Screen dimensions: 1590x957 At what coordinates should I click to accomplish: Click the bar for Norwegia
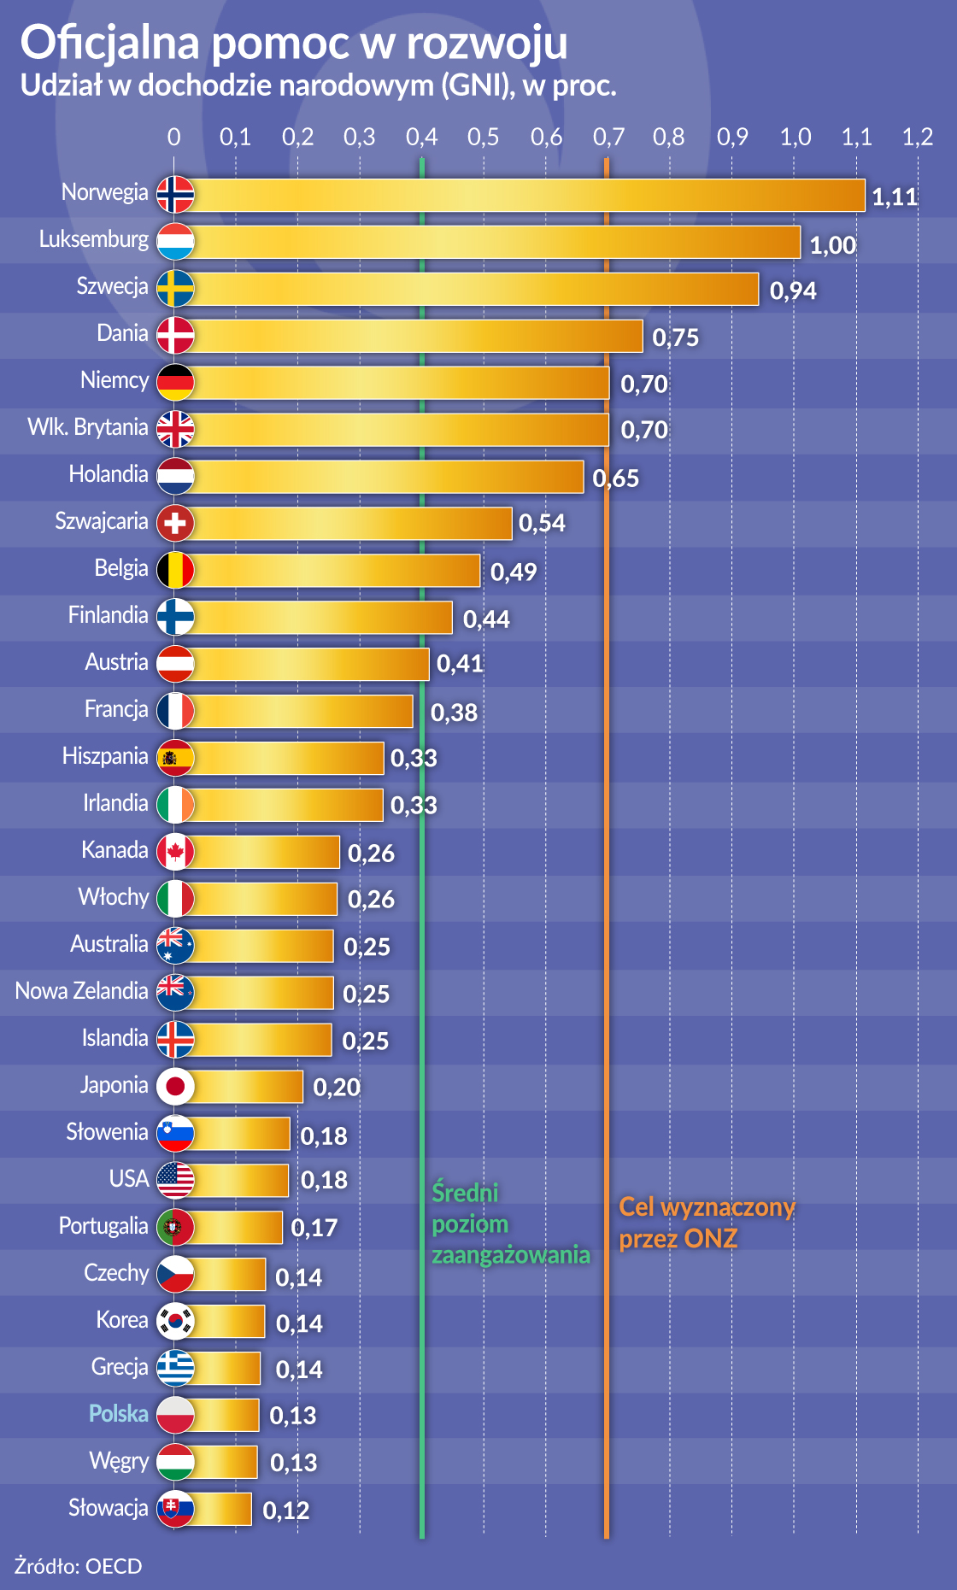(x=530, y=195)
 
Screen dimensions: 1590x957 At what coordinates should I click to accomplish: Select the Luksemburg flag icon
(x=175, y=241)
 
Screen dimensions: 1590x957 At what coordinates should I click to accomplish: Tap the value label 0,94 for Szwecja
(x=793, y=291)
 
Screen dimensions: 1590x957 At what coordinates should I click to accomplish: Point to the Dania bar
(x=419, y=336)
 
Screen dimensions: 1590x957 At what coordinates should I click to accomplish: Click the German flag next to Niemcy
(x=175, y=382)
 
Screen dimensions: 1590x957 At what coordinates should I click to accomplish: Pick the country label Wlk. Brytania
(x=88, y=427)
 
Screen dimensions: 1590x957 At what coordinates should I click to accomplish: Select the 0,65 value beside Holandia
(x=616, y=478)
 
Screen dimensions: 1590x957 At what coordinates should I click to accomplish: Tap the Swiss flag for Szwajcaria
(x=175, y=523)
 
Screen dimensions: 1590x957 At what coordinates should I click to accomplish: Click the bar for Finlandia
(x=323, y=618)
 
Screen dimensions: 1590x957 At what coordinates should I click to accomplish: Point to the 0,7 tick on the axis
(x=608, y=137)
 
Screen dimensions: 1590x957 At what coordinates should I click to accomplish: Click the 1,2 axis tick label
(x=918, y=137)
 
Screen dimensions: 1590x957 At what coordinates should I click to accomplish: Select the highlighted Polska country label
(x=119, y=1414)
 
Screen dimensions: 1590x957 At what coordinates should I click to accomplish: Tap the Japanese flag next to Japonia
(x=175, y=1086)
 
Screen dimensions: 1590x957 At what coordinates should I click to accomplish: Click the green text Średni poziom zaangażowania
(x=510, y=1223)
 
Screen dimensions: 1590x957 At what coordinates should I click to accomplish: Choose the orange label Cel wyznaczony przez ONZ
(x=707, y=1223)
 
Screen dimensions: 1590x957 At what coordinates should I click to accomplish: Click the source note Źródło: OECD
(x=79, y=1566)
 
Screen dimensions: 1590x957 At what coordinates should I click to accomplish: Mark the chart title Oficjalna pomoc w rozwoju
(x=294, y=43)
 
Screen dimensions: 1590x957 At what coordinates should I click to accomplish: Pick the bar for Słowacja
(x=222, y=1509)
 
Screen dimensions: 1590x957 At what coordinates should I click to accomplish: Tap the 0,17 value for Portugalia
(x=314, y=1228)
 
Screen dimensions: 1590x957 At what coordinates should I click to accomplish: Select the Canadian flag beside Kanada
(x=175, y=852)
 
